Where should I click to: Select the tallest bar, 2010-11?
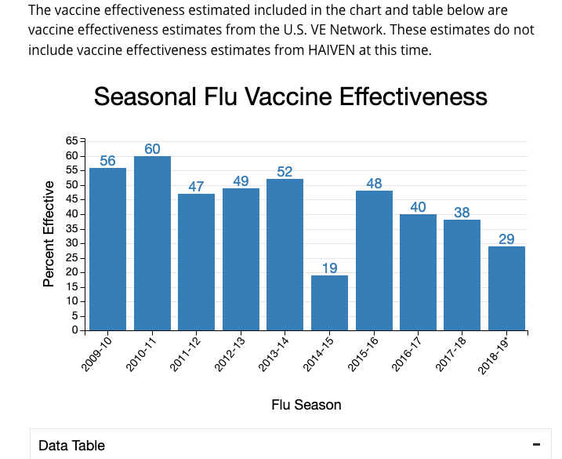click(x=152, y=243)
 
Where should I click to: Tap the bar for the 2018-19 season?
click(x=506, y=288)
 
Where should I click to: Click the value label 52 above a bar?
click(x=285, y=172)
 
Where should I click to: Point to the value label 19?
click(x=329, y=268)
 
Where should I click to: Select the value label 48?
click(x=374, y=184)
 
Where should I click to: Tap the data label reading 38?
click(x=462, y=213)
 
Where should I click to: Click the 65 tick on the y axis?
click(x=72, y=140)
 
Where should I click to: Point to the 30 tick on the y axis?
click(x=72, y=243)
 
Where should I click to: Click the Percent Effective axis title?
click(x=49, y=234)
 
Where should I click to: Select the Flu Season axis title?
click(x=306, y=405)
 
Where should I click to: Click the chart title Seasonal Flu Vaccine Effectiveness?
click(x=291, y=97)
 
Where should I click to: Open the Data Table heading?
click(x=71, y=446)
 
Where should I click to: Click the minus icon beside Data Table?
click(x=536, y=445)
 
